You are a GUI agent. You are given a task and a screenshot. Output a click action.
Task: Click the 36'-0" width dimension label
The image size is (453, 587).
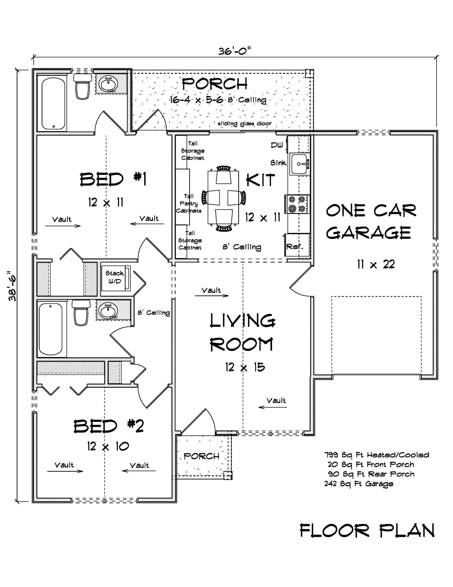point(234,51)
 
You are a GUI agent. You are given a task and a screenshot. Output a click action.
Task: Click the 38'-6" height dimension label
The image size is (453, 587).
point(13,286)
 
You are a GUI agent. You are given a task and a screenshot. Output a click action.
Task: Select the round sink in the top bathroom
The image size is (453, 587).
point(108,83)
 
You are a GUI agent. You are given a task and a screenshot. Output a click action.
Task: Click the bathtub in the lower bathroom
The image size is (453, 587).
point(51,329)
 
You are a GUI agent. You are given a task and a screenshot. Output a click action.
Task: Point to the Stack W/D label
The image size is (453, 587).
point(114,277)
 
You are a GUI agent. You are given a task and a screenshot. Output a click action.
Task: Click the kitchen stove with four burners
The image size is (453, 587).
point(298,204)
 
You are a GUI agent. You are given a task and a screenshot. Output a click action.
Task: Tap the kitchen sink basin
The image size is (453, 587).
point(298,164)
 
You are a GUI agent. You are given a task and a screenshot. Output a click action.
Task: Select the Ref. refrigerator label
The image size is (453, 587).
point(295,247)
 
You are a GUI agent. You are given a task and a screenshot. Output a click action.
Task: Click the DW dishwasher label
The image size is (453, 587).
point(277,145)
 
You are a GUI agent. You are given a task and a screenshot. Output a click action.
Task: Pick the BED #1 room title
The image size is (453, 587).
point(113,179)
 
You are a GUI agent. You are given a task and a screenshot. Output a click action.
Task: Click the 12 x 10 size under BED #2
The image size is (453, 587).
point(108,447)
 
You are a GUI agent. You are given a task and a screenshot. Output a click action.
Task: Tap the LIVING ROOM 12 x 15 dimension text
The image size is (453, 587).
point(245,367)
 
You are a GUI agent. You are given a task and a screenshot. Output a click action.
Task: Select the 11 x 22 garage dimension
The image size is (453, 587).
point(375,264)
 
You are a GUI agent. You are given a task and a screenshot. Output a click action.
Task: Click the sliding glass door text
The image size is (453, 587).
point(244,124)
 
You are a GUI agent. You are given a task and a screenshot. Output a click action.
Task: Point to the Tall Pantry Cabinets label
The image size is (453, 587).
point(189,204)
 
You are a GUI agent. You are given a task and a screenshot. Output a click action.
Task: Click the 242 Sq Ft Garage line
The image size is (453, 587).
point(359,484)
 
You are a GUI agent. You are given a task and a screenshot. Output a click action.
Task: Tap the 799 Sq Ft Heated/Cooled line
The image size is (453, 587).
point(377,455)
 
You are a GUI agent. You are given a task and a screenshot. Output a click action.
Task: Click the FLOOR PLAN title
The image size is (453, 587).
point(367,531)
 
